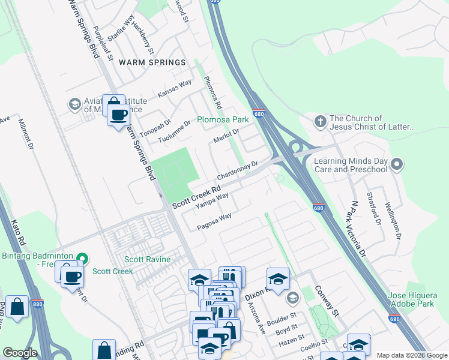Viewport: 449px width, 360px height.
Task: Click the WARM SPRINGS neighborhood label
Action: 152,62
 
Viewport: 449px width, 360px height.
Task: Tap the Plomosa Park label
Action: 223,120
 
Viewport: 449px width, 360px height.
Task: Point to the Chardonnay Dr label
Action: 237,170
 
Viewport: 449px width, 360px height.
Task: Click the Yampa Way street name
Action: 212,201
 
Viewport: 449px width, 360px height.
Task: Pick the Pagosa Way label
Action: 214,221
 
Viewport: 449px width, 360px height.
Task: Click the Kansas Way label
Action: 175,88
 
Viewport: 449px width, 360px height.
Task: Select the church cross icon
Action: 321,122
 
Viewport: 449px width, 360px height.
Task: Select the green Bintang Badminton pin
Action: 84,259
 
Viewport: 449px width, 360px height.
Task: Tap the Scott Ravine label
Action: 148,260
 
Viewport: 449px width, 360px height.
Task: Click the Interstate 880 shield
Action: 37,304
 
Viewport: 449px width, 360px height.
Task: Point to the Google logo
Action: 20,353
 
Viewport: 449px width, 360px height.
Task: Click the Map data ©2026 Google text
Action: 412,355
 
